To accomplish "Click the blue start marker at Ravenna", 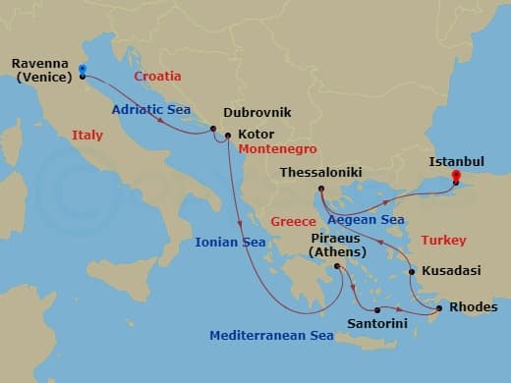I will [82, 70].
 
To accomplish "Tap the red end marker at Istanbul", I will [456, 178].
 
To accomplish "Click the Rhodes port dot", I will [438, 309].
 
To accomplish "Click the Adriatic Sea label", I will [150, 110].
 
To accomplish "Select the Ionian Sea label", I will [230, 242].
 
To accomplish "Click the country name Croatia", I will [157, 75].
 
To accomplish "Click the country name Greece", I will [293, 222].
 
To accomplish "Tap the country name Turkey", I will [442, 240].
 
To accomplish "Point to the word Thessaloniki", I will [320, 172].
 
